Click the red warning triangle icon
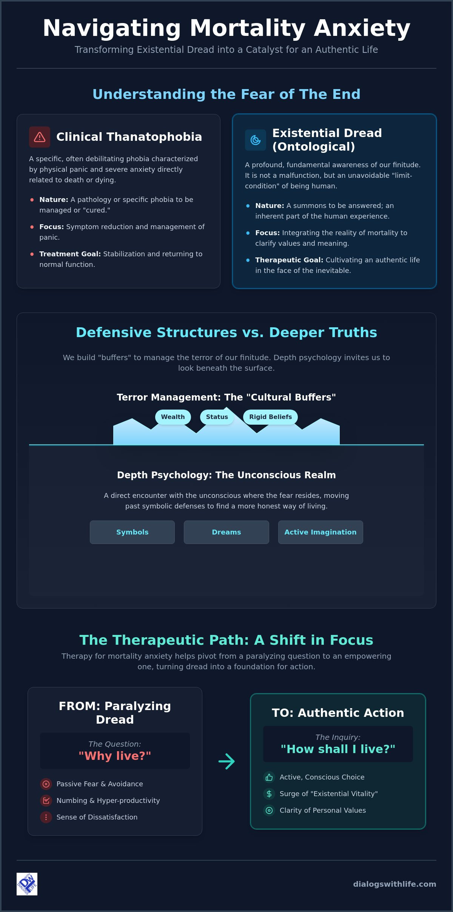point(40,137)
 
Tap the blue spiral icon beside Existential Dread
point(256,140)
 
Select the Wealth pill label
point(173,417)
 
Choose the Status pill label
point(217,417)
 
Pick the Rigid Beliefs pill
point(270,417)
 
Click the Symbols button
point(132,532)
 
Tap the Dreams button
point(226,532)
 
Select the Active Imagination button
point(320,532)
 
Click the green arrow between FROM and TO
point(226,761)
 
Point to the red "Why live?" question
point(115,756)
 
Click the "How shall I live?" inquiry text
point(338,749)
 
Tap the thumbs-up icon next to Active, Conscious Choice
point(269,777)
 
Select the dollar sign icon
point(269,794)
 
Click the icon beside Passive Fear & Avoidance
point(46,784)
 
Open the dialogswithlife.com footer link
point(394,884)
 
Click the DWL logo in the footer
point(27,884)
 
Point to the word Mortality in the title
point(248,28)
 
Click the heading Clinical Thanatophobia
point(129,137)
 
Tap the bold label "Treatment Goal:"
point(70,254)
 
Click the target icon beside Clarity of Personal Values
point(269,810)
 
